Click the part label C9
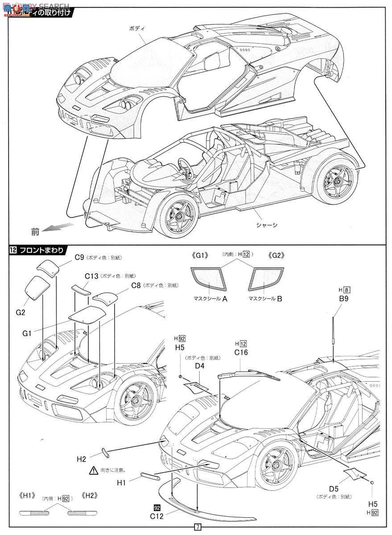tap(79, 257)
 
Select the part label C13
tap(91, 276)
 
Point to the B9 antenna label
tap(343, 299)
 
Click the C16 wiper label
tap(241, 352)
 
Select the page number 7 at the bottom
tap(197, 527)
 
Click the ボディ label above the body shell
tap(134, 28)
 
